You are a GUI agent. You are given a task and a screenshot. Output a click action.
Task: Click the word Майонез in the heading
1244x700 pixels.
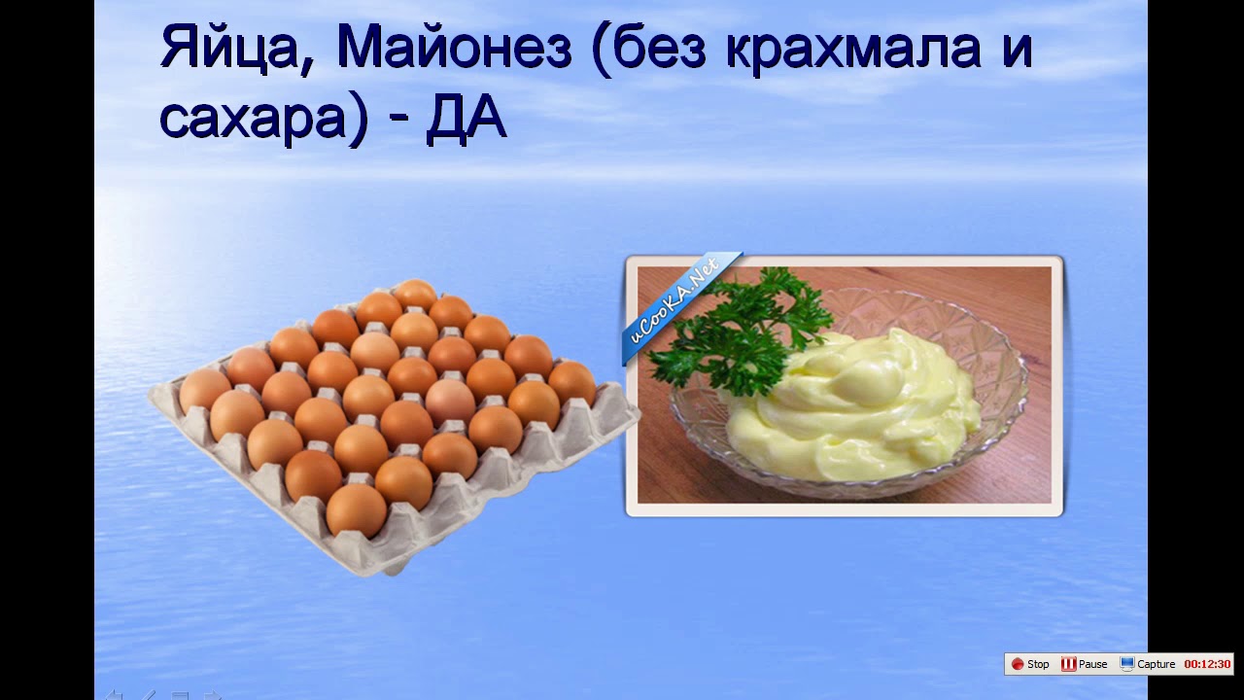click(x=454, y=48)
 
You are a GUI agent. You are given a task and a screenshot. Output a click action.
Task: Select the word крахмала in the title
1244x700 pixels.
click(x=853, y=49)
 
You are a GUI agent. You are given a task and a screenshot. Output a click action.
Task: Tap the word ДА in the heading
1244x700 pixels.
click(x=466, y=118)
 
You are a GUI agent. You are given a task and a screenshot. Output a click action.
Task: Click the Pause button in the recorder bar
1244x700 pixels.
click(x=1084, y=664)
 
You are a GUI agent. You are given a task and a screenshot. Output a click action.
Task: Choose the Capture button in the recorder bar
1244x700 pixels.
click(x=1148, y=664)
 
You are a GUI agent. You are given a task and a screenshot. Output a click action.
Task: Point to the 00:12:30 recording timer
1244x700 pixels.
click(x=1207, y=664)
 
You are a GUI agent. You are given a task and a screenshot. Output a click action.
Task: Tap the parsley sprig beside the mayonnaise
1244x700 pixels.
click(x=742, y=330)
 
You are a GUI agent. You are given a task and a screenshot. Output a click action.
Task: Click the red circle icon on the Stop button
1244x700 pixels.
click(x=1018, y=664)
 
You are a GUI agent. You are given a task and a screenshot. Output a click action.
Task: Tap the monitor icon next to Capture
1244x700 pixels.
click(x=1126, y=664)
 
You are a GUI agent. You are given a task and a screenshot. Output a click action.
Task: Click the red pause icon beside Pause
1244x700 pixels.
click(x=1068, y=664)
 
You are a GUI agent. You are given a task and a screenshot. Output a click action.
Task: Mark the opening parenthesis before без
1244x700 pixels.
click(x=600, y=49)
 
